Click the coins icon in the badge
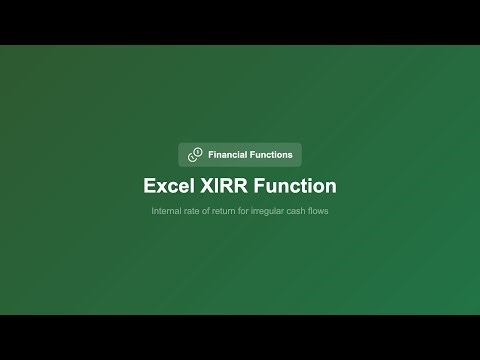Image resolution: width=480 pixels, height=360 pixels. point(195,155)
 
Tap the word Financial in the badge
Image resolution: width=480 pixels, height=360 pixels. point(230,155)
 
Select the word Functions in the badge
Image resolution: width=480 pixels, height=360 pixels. point(273,155)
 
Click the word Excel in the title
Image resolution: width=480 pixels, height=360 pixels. point(167,186)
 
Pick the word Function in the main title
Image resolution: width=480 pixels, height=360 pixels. point(295,186)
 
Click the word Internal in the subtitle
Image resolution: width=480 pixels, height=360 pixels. point(167,212)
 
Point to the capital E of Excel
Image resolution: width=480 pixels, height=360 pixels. point(149,186)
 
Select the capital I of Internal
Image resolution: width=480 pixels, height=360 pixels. point(153,212)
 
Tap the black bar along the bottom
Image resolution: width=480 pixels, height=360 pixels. point(240,337)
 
